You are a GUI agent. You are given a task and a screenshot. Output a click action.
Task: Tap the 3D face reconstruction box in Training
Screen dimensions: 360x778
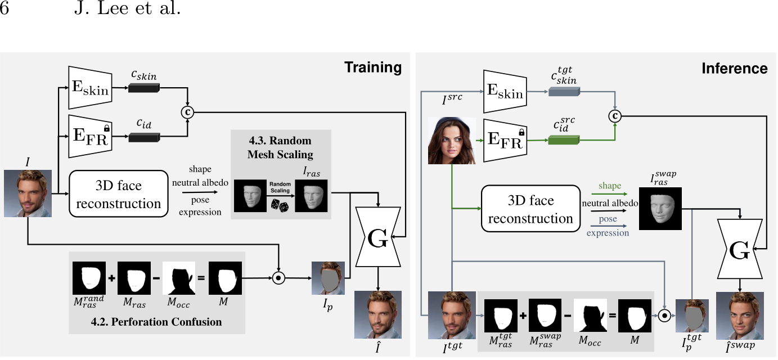pyautogui.click(x=119, y=194)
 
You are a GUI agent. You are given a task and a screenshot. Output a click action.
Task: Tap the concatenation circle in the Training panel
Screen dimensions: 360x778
pyautogui.click(x=188, y=112)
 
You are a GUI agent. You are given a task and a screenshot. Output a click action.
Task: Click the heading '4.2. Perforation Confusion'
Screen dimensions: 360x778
pyautogui.click(x=156, y=322)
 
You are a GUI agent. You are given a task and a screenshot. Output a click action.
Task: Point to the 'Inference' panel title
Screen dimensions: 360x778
pyautogui.click(x=734, y=69)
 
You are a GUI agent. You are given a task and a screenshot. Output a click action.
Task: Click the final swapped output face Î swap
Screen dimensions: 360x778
pyautogui.click(x=740, y=315)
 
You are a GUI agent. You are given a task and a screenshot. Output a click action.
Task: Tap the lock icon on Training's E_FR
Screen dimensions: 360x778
pyautogui.click(x=106, y=128)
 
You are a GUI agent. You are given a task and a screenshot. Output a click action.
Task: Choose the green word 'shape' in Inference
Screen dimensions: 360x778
pyautogui.click(x=610, y=186)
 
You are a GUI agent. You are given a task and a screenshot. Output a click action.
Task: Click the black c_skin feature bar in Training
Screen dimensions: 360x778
pyautogui.click(x=144, y=88)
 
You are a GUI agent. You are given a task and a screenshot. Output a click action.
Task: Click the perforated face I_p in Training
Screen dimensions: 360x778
pyautogui.click(x=328, y=278)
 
